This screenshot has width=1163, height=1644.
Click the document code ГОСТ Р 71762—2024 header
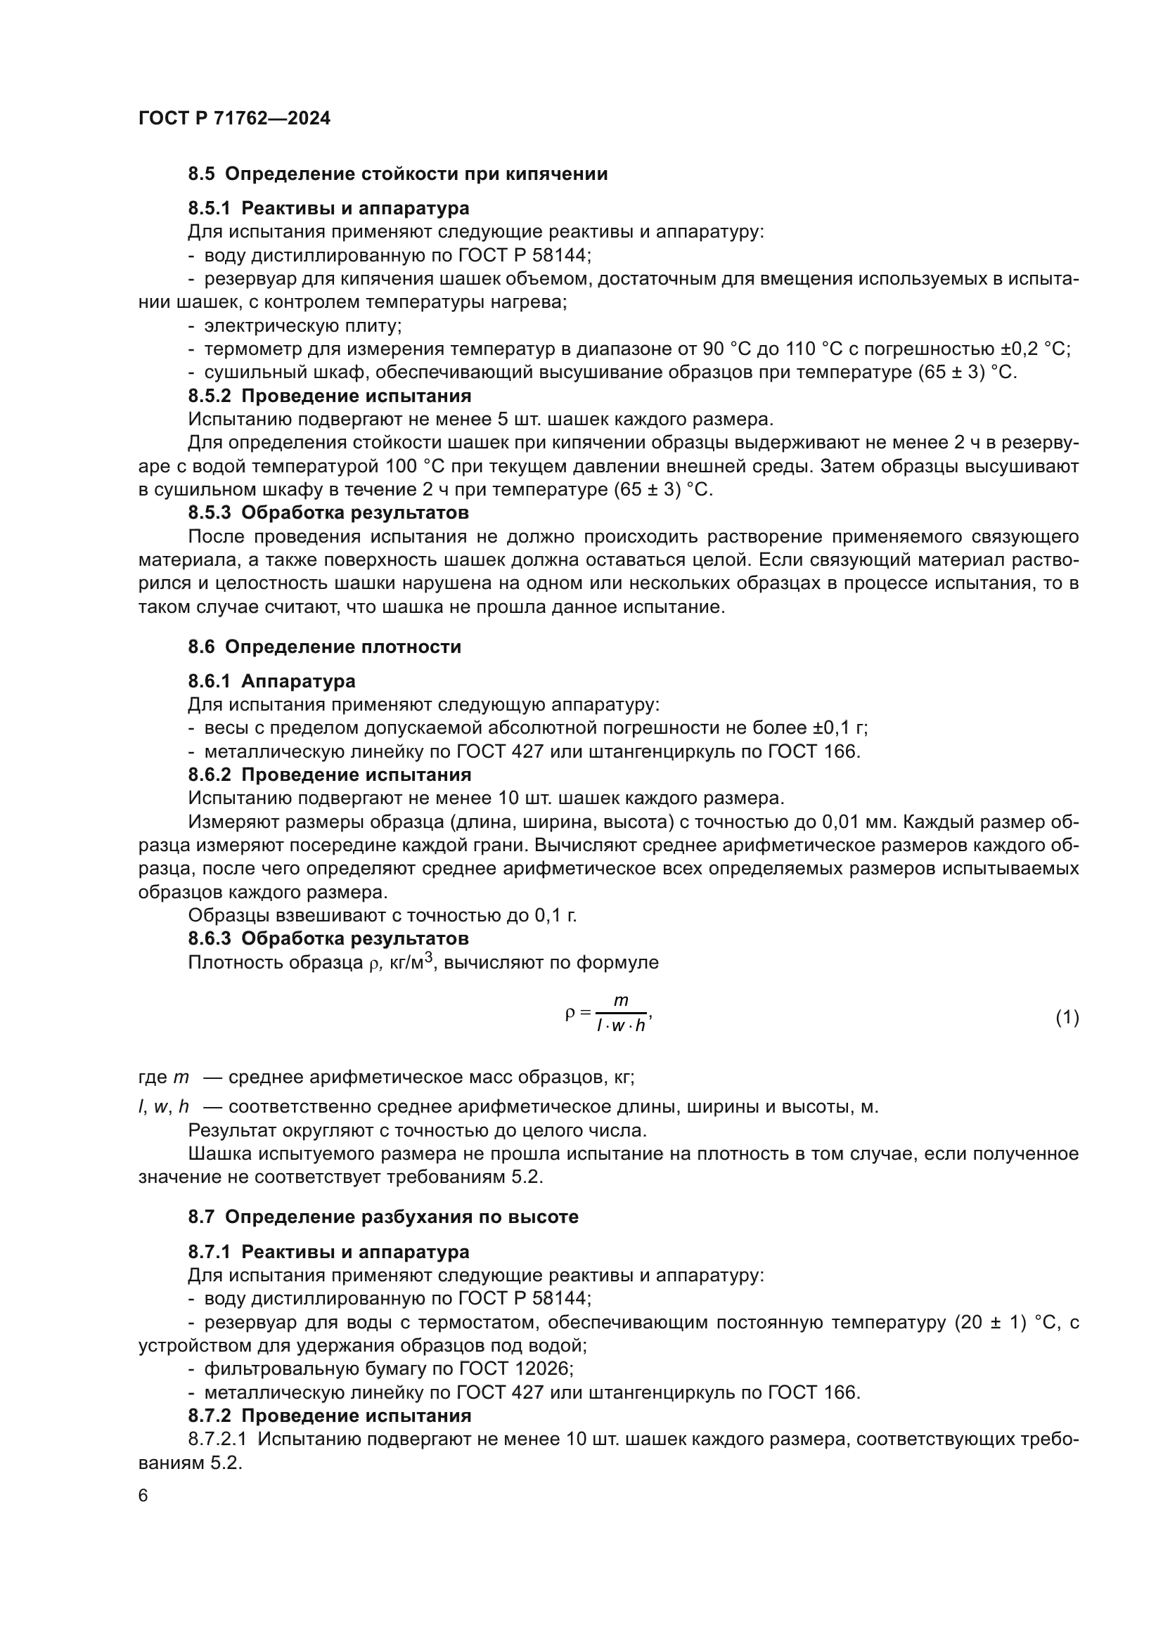[x=234, y=119]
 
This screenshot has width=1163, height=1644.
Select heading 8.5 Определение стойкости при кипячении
[x=397, y=174]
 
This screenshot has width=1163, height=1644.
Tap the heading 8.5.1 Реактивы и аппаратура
[x=328, y=208]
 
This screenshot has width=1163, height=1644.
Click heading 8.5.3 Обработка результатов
[x=328, y=512]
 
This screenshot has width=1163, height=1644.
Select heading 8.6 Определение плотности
[x=324, y=647]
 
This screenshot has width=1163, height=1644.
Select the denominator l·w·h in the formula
[x=621, y=1025]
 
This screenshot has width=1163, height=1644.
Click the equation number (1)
[x=1067, y=1017]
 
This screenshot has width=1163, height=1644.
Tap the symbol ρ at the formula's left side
[x=570, y=1012]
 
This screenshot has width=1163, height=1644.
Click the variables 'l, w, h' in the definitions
[x=164, y=1106]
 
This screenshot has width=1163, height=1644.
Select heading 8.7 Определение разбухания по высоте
[x=383, y=1217]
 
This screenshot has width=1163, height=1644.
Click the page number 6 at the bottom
[x=143, y=1496]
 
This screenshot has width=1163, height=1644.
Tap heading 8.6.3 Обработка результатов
[x=328, y=938]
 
